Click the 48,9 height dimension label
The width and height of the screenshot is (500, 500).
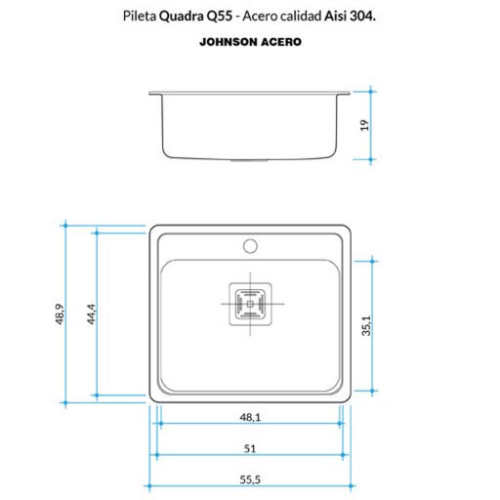pos(60,314)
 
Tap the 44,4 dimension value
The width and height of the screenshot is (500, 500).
pos(92,314)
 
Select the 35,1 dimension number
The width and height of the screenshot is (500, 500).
pos(366,325)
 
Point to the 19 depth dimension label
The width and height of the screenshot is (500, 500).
pos(364,125)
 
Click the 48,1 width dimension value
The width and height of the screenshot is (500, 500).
pos(250,417)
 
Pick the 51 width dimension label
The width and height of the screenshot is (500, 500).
pos(250,449)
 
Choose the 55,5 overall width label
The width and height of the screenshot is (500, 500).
pos(250,479)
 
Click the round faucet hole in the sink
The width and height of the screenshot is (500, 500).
pos(250,246)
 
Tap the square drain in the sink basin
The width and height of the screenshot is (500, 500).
pos(250,304)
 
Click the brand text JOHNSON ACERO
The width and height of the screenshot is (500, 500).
pos(250,42)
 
